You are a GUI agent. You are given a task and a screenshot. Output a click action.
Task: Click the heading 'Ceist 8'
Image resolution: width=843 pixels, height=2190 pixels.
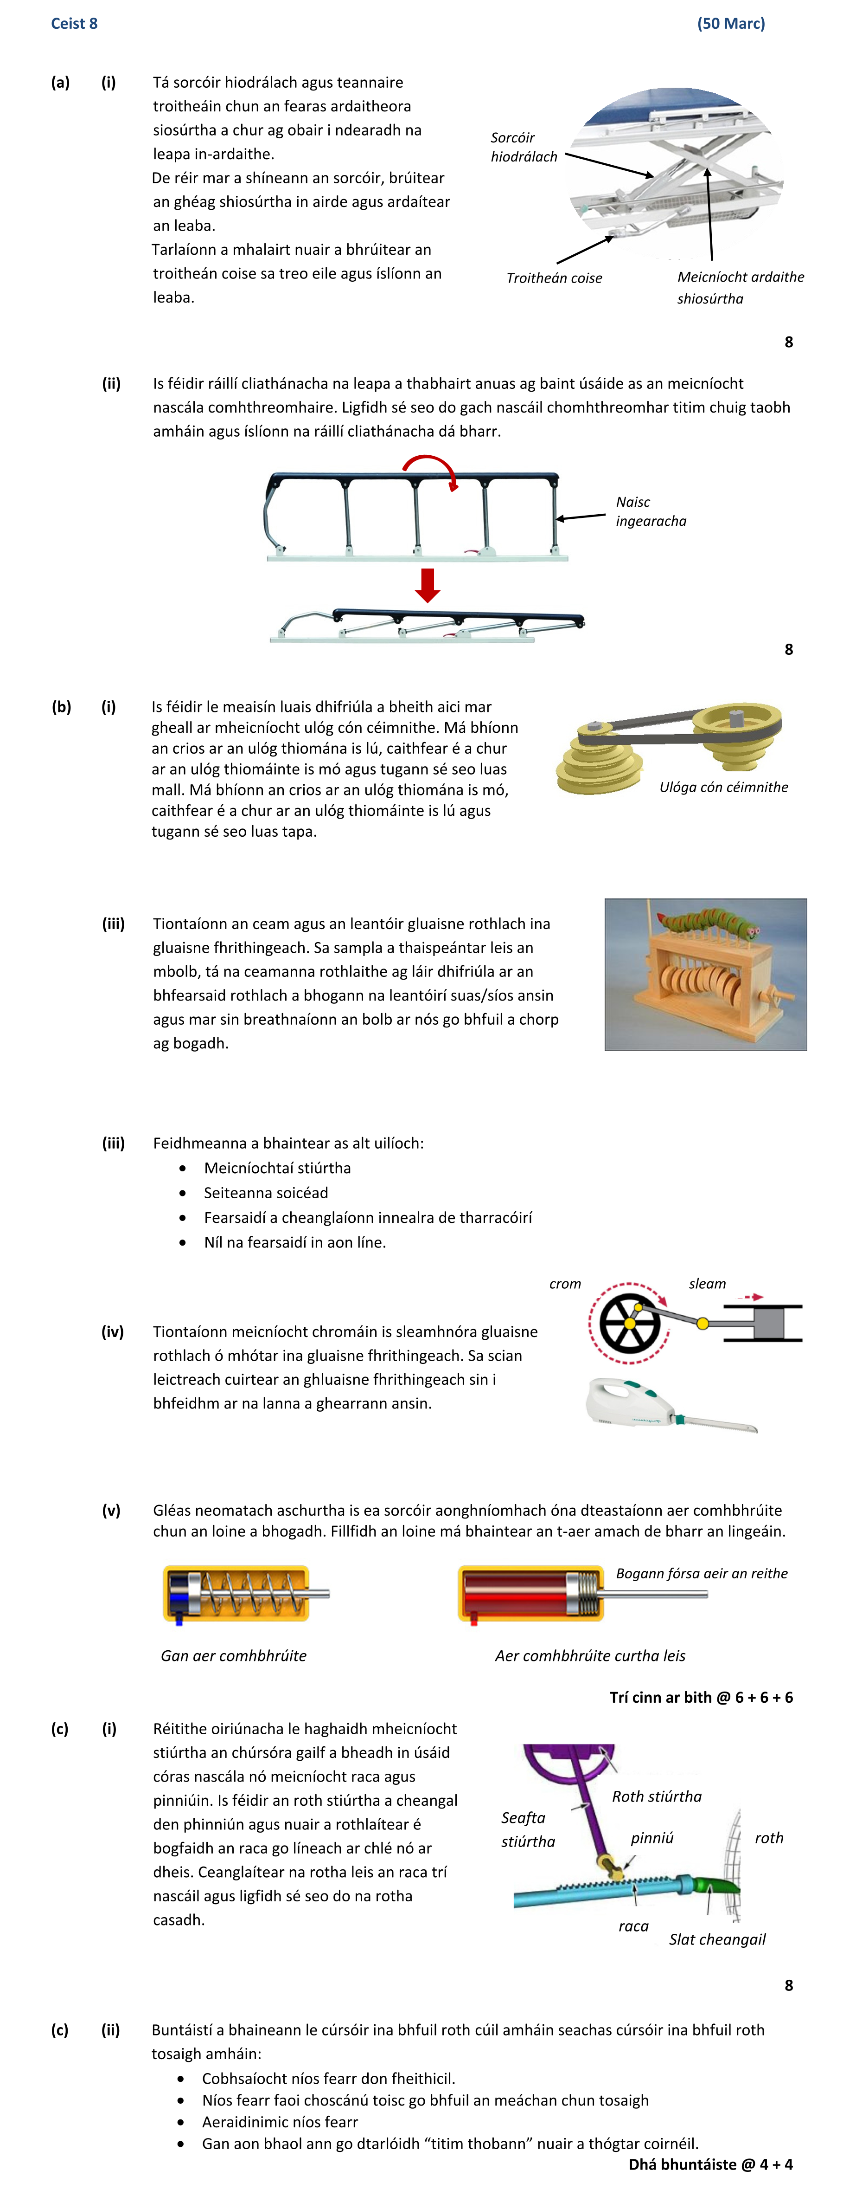coord(74,23)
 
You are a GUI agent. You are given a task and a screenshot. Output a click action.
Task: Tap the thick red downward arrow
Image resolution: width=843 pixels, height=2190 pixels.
coord(428,585)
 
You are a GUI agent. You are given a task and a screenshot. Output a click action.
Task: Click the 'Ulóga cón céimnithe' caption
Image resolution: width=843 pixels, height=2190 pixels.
coord(723,787)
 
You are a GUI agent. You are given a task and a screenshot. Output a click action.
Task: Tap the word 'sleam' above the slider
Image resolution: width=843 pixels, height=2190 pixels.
coord(707,1284)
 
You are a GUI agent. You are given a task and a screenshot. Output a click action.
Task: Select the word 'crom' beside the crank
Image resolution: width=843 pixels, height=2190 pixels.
coord(565,1284)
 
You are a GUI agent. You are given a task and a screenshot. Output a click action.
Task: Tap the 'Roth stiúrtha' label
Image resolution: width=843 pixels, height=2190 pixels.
coord(657,1796)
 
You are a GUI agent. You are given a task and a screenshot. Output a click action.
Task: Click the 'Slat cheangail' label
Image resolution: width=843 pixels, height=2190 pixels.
coord(717,1939)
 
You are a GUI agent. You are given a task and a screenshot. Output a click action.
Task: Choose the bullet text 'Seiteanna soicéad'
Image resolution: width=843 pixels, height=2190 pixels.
coord(266,1193)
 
